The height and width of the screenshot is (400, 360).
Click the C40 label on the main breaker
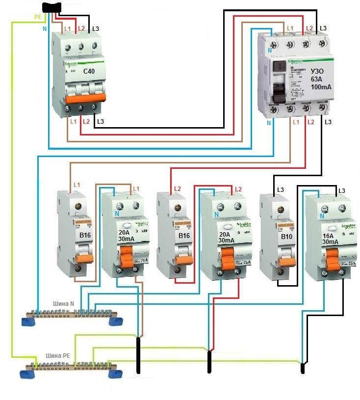(89, 72)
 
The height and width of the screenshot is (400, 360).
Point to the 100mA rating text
(321, 87)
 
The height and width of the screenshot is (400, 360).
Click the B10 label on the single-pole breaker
(286, 237)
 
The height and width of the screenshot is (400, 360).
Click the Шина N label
(65, 304)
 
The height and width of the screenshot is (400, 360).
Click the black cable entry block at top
(52, 7)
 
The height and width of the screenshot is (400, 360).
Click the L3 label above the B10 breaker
(281, 189)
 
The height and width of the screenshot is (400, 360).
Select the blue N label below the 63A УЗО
(268, 123)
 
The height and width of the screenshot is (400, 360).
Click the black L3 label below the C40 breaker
(101, 121)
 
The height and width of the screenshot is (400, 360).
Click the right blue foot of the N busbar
(116, 321)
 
